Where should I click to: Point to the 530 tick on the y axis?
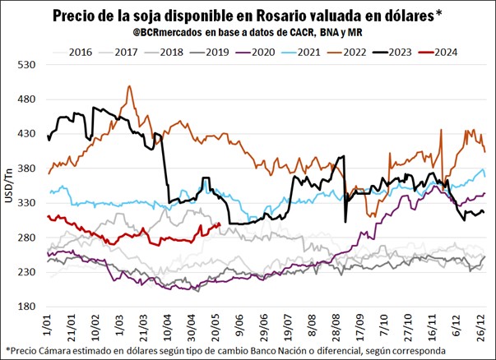click(25, 64)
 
